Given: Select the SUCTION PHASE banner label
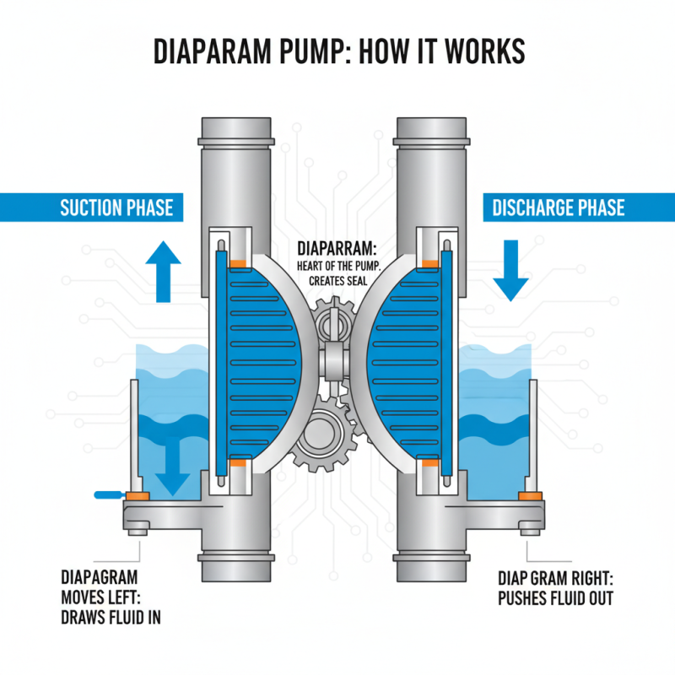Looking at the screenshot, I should (116, 208).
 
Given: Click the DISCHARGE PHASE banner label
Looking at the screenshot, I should (558, 208).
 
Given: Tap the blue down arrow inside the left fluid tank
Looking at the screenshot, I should (175, 468).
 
